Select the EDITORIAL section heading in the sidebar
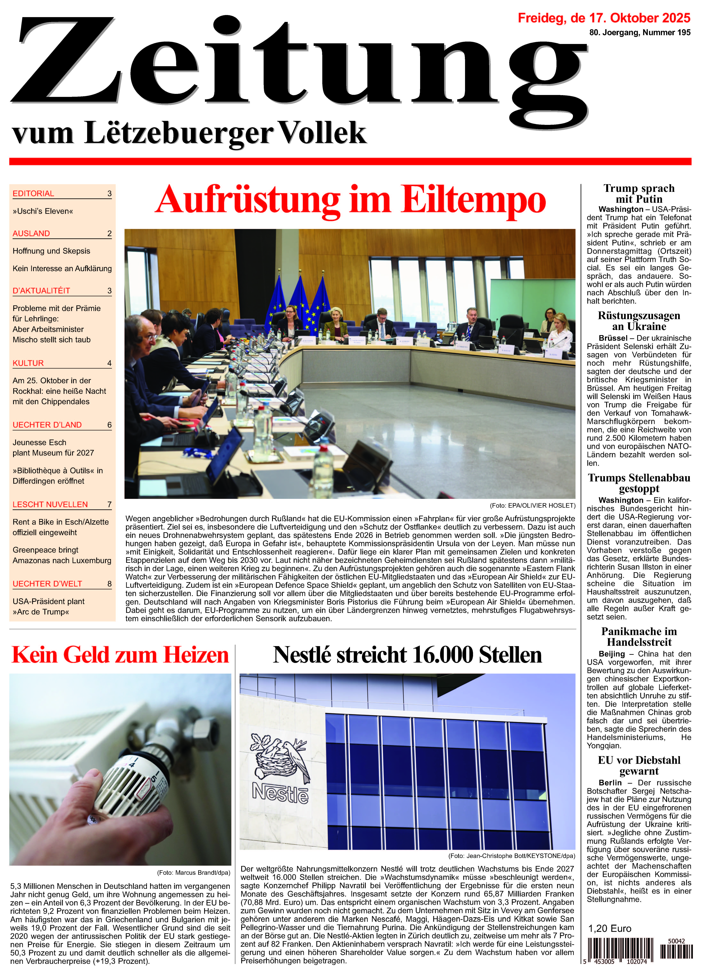point(34,193)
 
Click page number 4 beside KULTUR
point(109,363)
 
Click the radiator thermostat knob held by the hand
point(129,778)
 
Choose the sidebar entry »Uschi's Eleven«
point(43,211)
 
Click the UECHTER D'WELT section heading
point(47,584)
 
